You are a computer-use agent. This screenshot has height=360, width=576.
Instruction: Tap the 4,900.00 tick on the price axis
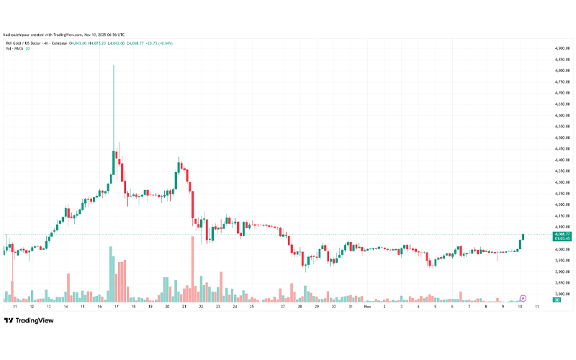click(562, 48)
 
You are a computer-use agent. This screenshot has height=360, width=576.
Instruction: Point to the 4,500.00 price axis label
click(562, 138)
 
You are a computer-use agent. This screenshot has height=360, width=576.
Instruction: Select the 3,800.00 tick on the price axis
click(562, 294)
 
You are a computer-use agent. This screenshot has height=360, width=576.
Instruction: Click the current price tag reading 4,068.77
click(562, 234)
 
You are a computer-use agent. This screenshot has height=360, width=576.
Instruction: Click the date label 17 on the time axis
click(116, 306)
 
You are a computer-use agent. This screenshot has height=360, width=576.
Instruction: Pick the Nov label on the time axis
click(367, 306)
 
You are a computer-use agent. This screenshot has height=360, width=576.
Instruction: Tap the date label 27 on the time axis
click(284, 306)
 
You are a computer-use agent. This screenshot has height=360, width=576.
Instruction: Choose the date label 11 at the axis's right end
click(537, 306)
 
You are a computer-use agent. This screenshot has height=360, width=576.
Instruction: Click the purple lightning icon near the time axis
click(523, 297)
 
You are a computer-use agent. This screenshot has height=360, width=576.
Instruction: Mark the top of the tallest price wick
click(113, 66)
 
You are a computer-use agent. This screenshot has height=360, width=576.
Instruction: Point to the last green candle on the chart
click(523, 237)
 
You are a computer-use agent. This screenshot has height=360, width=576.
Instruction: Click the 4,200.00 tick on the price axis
click(562, 204)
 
